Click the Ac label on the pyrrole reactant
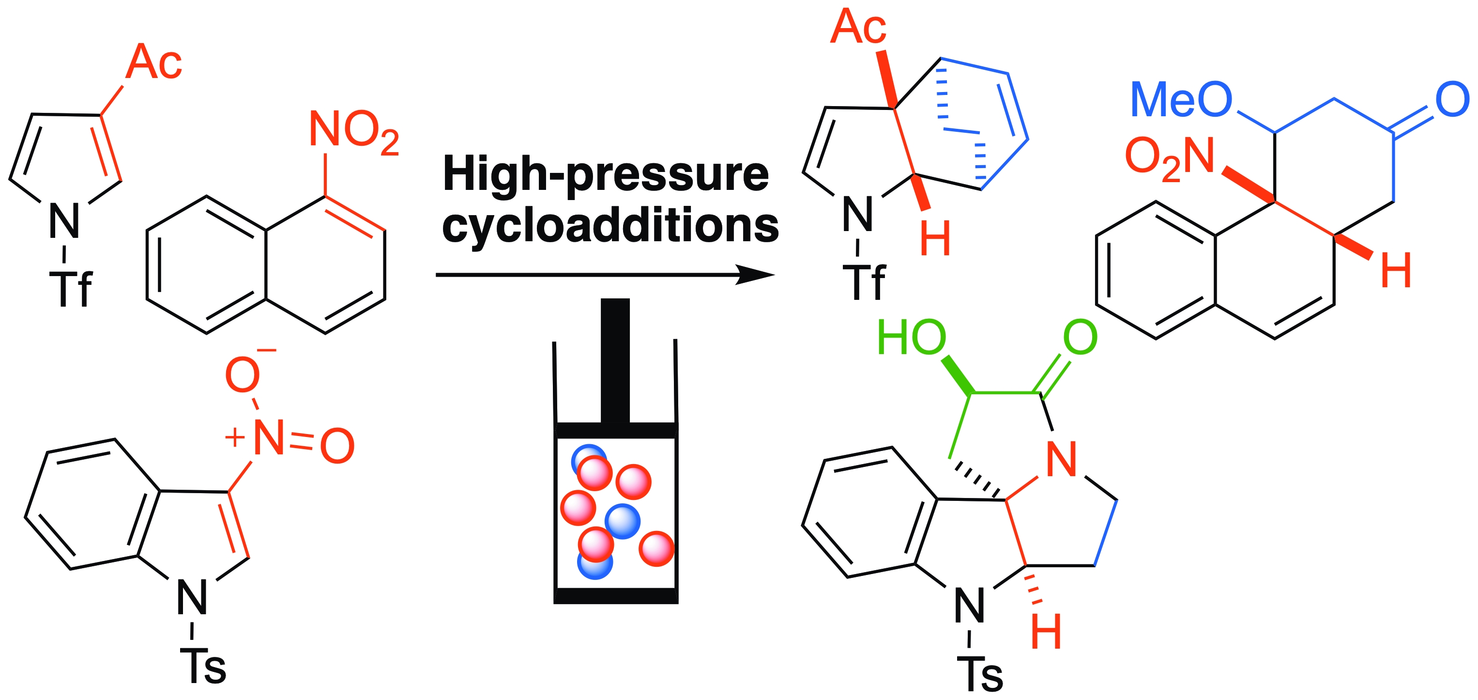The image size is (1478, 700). (154, 62)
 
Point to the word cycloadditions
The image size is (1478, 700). (610, 226)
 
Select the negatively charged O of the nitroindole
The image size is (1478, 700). (243, 375)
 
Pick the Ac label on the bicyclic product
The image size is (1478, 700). (858, 27)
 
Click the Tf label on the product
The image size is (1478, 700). (864, 282)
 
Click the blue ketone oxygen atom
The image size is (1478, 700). (1453, 100)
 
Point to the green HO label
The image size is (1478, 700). (912, 338)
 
